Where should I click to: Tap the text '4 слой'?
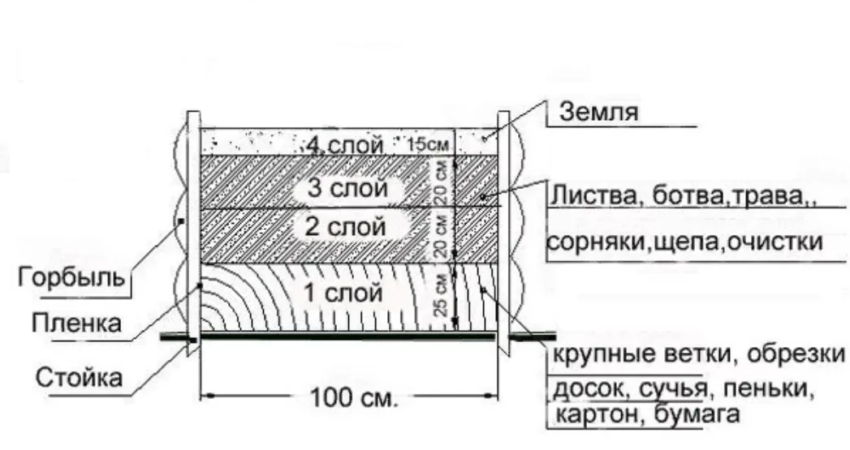coord(344,145)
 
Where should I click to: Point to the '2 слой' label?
coord(345,228)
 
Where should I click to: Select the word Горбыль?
coord(71,278)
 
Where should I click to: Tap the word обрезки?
coord(796,356)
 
